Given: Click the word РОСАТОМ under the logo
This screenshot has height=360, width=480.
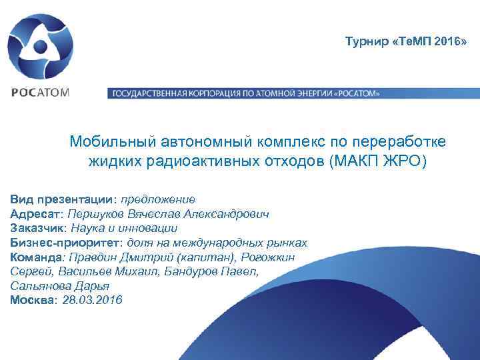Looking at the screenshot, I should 39,93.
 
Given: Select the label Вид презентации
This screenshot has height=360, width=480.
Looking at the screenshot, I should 63,199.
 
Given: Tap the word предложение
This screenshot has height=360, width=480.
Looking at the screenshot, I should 158,199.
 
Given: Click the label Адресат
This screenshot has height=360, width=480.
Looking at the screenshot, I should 35,213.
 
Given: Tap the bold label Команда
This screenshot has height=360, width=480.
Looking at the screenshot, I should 37,257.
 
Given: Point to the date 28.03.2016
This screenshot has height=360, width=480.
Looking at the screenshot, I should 93,301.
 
